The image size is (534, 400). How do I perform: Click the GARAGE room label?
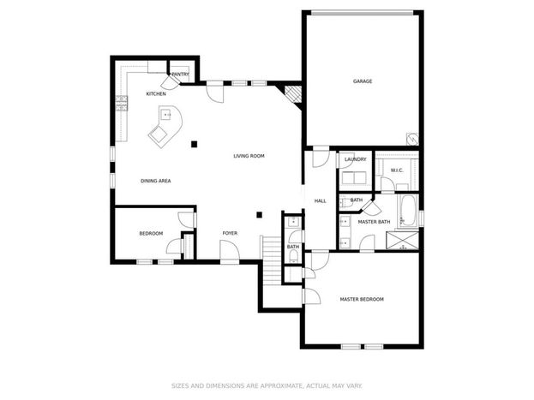click(x=363, y=81)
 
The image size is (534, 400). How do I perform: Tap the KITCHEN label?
click(x=156, y=93)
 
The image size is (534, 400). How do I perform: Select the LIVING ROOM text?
click(x=249, y=156)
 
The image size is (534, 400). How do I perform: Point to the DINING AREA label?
click(x=156, y=181)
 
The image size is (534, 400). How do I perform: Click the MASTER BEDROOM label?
click(x=362, y=299)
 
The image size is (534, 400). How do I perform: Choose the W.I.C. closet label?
click(x=397, y=170)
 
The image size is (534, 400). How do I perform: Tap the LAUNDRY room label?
click(x=355, y=159)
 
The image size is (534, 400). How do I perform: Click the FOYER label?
click(x=230, y=233)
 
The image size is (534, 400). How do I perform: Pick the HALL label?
click(x=320, y=201)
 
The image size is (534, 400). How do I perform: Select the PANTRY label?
click(x=180, y=75)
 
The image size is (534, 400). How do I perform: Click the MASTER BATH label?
click(x=374, y=222)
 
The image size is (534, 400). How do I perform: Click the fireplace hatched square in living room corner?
click(x=293, y=94)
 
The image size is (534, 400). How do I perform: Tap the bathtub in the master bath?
click(x=407, y=211)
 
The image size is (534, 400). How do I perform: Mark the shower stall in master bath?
click(x=402, y=241)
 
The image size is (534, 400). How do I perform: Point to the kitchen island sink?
click(x=165, y=115)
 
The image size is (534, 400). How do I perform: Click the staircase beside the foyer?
click(x=271, y=260)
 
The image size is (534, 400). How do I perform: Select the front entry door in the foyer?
click(x=230, y=252)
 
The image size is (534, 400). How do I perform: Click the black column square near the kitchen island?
click(x=194, y=145)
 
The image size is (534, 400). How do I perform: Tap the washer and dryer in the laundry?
click(x=354, y=178)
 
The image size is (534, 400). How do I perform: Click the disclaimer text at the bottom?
click(x=267, y=385)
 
